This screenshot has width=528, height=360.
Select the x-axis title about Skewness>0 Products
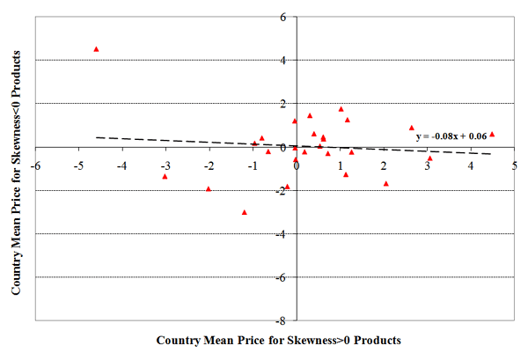[x=278, y=340]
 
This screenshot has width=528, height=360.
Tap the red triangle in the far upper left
[x=96, y=49]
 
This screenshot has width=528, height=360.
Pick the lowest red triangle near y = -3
[x=244, y=212]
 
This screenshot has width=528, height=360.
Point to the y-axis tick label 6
[x=282, y=17]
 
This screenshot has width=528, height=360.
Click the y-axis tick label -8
[x=281, y=320]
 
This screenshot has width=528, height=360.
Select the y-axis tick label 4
[x=282, y=60]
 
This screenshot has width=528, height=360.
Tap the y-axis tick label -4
[x=281, y=233]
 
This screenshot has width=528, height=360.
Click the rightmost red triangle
[x=492, y=135]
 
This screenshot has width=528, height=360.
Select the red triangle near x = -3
[x=165, y=176]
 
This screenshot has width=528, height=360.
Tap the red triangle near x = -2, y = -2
[x=209, y=188]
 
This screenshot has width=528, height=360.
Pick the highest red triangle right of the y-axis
[x=341, y=109]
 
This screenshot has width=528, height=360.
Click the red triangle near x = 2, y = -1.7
[x=385, y=183]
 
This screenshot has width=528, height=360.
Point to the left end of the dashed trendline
[x=97, y=137]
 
